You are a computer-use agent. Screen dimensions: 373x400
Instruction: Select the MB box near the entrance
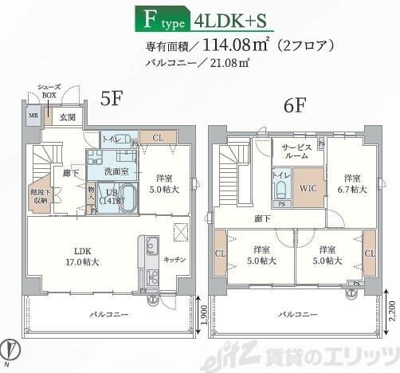(33, 116)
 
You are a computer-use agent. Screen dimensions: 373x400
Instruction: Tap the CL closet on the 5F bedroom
(158, 138)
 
